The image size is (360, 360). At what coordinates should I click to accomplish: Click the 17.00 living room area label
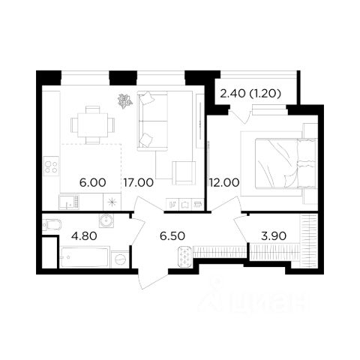(139, 183)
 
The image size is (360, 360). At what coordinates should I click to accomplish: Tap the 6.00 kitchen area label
(92, 183)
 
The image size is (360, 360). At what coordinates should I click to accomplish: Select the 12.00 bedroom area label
(224, 183)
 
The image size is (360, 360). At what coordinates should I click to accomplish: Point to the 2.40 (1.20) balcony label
(250, 94)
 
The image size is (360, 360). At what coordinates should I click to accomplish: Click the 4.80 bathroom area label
(84, 236)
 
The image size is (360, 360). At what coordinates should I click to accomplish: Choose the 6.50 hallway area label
(172, 236)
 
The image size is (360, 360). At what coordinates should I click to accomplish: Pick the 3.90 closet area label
(274, 236)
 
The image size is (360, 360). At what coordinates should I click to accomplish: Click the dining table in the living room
(93, 125)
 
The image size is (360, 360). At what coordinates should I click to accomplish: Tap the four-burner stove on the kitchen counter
(51, 165)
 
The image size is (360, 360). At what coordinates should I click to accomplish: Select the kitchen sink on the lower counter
(69, 202)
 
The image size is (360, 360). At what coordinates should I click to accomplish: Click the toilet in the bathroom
(52, 225)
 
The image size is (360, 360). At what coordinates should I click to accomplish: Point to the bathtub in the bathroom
(85, 257)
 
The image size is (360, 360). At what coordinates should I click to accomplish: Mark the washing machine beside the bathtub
(121, 259)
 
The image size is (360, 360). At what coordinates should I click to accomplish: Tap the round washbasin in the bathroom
(106, 220)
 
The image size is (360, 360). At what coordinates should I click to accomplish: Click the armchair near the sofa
(184, 173)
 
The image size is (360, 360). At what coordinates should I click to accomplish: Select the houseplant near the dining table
(124, 100)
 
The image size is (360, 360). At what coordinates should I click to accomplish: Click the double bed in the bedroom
(286, 163)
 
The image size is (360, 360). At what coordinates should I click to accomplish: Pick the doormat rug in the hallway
(184, 256)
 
